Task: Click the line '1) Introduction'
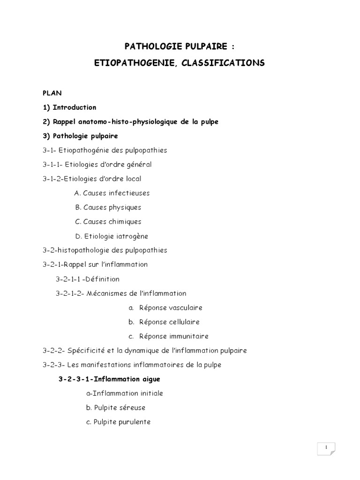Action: (69, 107)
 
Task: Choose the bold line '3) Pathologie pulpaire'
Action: (80, 136)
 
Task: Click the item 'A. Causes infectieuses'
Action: (112, 193)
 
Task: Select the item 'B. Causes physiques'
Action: (108, 207)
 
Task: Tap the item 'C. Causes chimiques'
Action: (108, 222)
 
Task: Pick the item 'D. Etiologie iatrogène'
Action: (112, 236)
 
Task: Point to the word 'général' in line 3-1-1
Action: (138, 165)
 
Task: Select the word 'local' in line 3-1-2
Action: (133, 179)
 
